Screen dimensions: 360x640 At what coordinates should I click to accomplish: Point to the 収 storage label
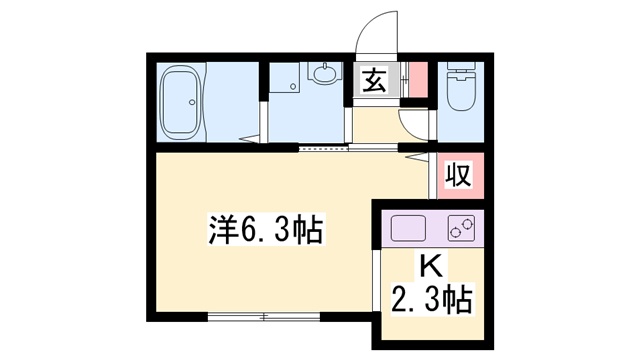pos(458,175)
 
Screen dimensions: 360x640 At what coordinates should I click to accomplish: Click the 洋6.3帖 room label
pos(265,231)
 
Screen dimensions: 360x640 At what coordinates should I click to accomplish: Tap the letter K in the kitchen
pos(429,266)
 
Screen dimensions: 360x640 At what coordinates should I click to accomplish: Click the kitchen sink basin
pos(409,229)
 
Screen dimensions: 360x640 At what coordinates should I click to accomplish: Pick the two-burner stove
pos(461,229)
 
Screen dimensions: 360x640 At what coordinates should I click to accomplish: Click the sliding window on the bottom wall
pos(264,317)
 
